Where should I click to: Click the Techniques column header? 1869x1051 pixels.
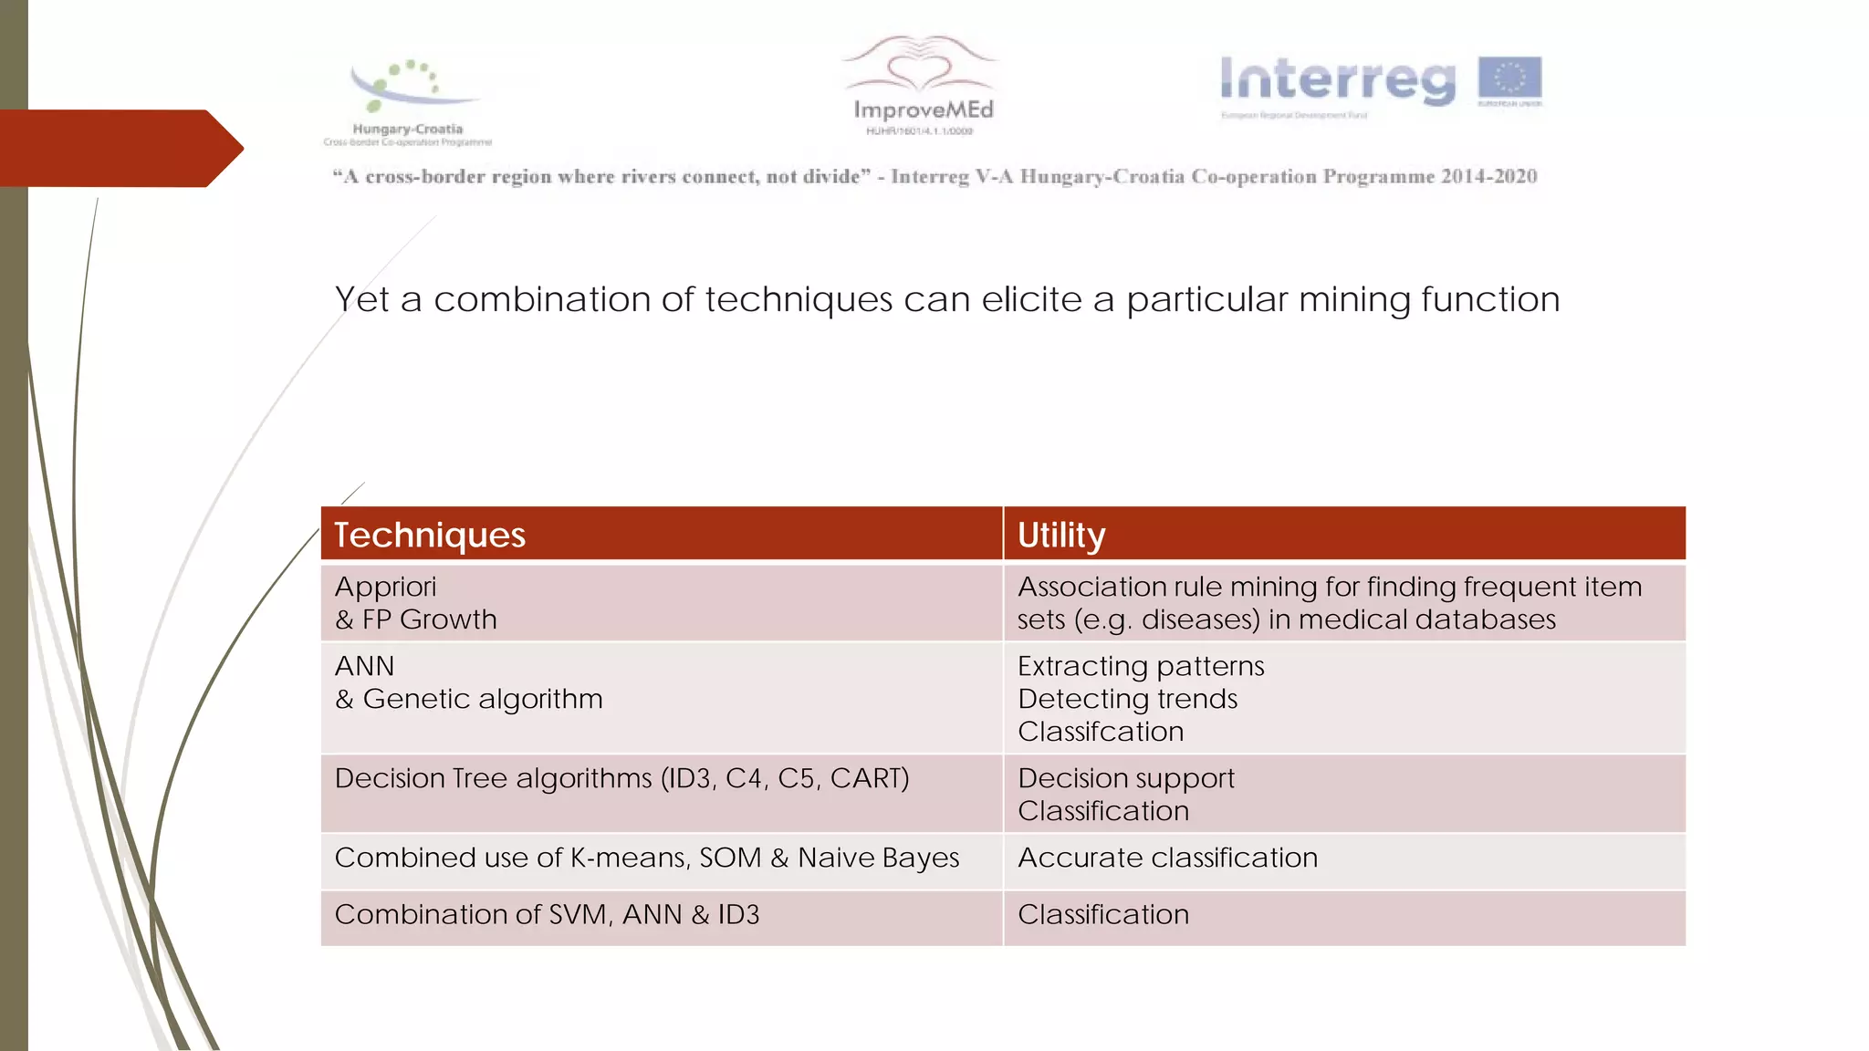coord(430,535)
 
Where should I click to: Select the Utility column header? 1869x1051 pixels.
coord(1061,535)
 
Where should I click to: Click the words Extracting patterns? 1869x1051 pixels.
coord(1141,666)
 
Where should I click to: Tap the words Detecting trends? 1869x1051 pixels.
coord(1127,699)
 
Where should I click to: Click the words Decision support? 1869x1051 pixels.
coord(1125,778)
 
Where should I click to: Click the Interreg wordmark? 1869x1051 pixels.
coord(1338,80)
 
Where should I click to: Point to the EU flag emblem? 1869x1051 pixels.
coord(1509,78)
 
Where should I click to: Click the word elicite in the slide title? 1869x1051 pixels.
coord(1031,299)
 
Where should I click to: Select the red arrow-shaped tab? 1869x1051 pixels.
coord(119,148)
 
